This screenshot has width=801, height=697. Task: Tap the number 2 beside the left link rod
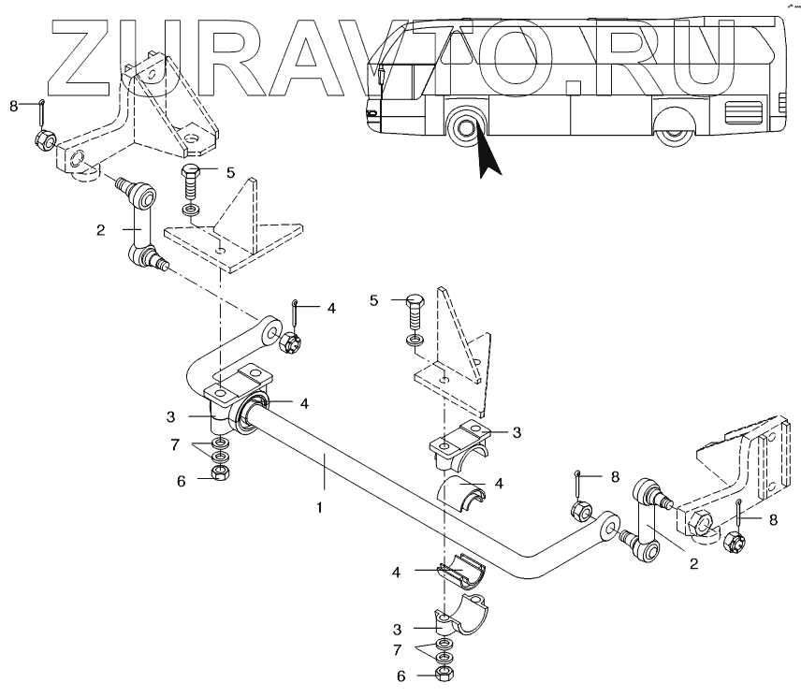100,228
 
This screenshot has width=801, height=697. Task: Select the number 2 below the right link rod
693,564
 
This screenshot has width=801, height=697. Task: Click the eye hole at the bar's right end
608,529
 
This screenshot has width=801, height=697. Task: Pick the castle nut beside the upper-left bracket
42,141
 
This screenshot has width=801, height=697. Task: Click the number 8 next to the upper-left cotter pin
13,106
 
